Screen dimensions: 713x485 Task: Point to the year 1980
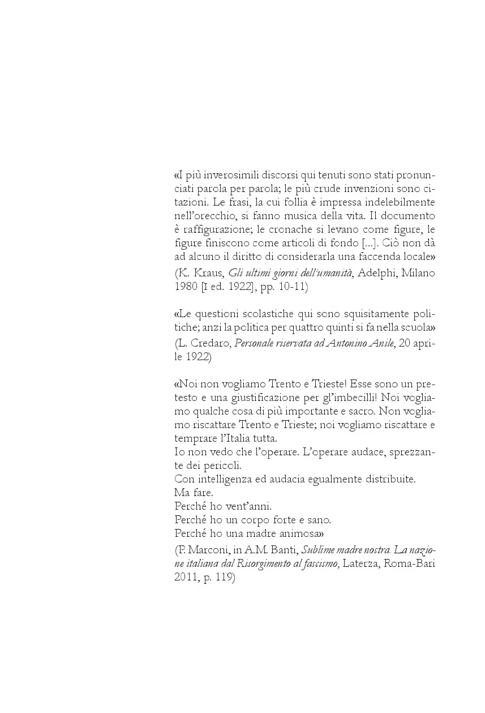click(x=185, y=287)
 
